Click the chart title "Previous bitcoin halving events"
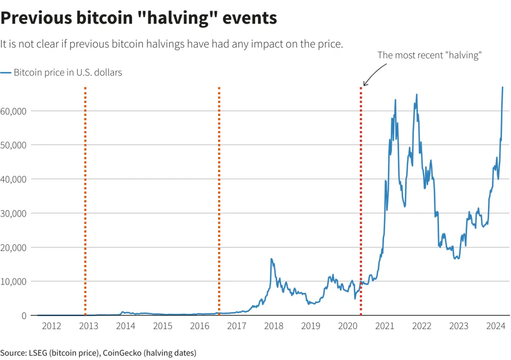pyautogui.click(x=139, y=18)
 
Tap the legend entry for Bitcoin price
pyautogui.click(x=62, y=73)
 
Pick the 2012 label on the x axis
pyautogui.click(x=52, y=326)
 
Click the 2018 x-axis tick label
pyautogui.click(x=274, y=326)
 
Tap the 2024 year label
pyautogui.click(x=496, y=326)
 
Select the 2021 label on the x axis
pyautogui.click(x=385, y=326)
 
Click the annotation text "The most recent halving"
pyautogui.click(x=429, y=56)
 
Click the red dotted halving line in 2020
pyautogui.click(x=361, y=192)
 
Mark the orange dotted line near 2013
pyautogui.click(x=85, y=192)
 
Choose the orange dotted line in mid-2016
pyautogui.click(x=219, y=192)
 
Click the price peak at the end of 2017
pyautogui.click(x=271, y=259)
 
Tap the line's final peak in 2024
pyautogui.click(x=502, y=87)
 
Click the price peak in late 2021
pyautogui.click(x=416, y=95)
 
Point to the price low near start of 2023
pyautogui.click(x=457, y=259)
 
